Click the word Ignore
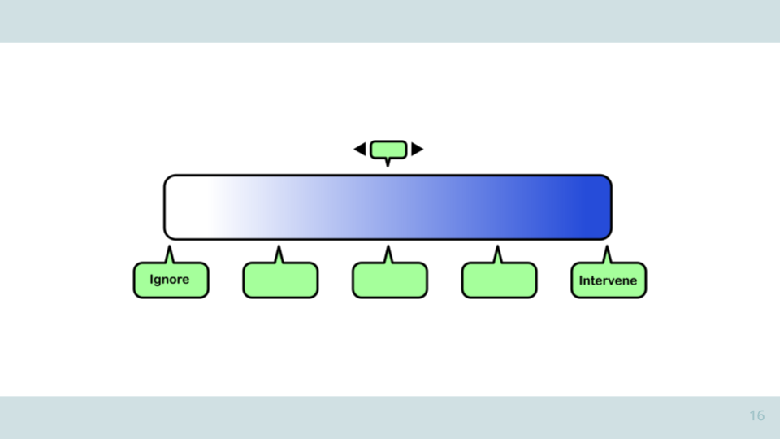click(x=169, y=280)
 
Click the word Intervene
click(x=608, y=280)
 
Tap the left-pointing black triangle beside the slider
click(x=360, y=150)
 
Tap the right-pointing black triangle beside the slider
click(x=418, y=150)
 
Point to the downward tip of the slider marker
click(x=388, y=166)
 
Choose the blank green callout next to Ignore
click(x=280, y=280)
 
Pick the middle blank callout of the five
click(x=390, y=280)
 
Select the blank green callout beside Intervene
click(x=500, y=280)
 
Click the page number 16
click(x=757, y=415)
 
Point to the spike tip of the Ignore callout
click(x=170, y=246)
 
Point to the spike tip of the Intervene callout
click(x=607, y=246)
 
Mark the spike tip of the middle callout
click(x=388, y=246)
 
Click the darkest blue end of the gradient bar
click(x=597, y=207)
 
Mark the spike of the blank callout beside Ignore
click(x=279, y=254)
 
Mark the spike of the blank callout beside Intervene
click(x=497, y=254)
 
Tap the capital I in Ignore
click(x=152, y=279)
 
